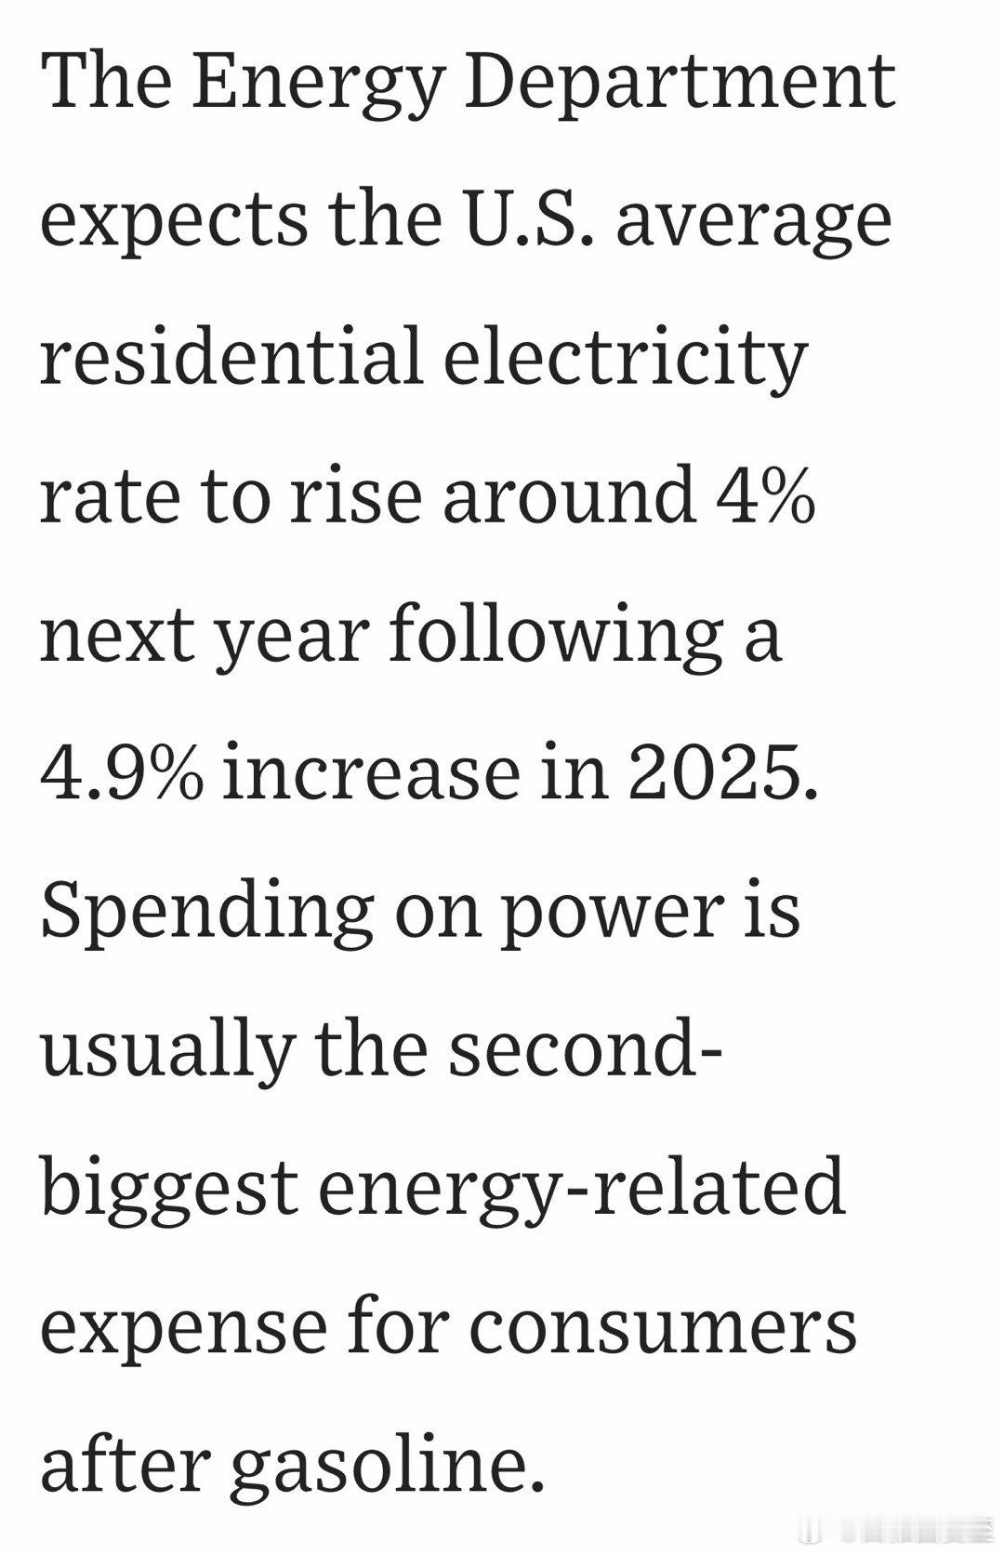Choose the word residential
(x=231, y=357)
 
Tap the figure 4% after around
(x=765, y=494)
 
